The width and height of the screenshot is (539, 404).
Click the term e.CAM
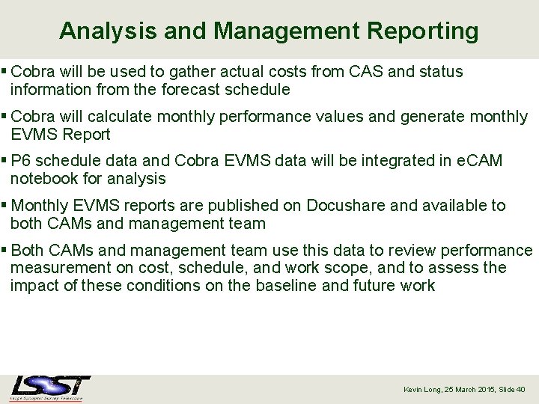(479, 161)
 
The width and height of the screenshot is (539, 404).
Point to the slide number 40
(521, 390)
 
